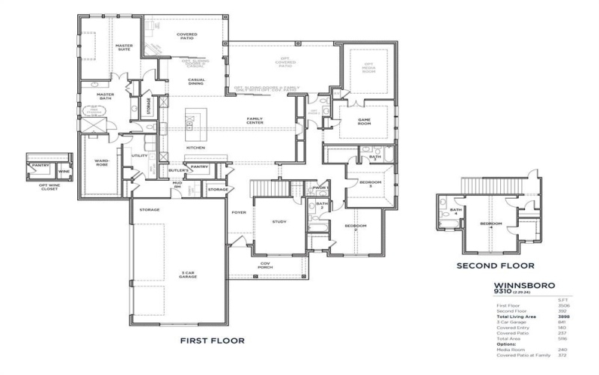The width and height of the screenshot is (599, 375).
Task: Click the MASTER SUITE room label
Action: (x=124, y=48)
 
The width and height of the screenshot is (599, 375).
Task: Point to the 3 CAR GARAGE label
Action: (x=188, y=275)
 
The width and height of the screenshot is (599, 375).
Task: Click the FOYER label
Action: (x=239, y=212)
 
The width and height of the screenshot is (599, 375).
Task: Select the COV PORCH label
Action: (x=260, y=264)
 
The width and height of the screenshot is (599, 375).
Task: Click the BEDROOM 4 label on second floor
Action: (x=490, y=224)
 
